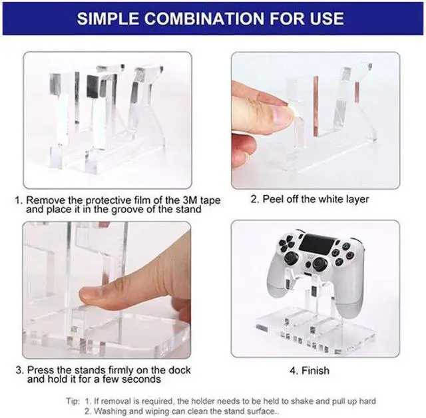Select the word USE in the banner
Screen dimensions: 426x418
point(327,19)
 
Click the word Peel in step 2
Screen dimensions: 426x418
point(271,199)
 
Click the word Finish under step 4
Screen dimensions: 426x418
point(315,371)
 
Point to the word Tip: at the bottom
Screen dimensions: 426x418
point(73,401)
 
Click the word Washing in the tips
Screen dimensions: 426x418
point(108,411)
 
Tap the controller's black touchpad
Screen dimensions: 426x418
point(316,244)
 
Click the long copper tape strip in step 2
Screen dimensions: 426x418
point(316,106)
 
